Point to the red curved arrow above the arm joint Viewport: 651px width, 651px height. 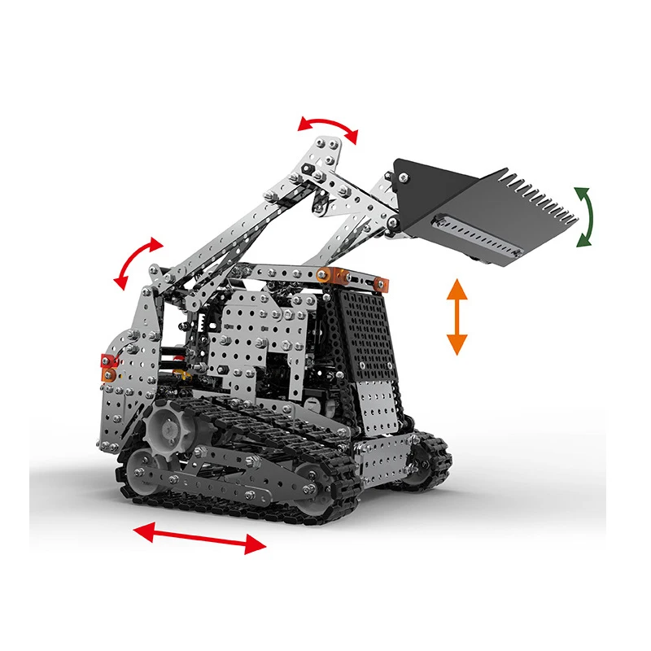tap(327, 128)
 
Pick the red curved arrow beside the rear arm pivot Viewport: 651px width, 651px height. tap(138, 263)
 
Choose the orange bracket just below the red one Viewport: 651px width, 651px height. tap(107, 374)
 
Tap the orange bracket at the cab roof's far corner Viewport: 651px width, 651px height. tap(378, 284)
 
